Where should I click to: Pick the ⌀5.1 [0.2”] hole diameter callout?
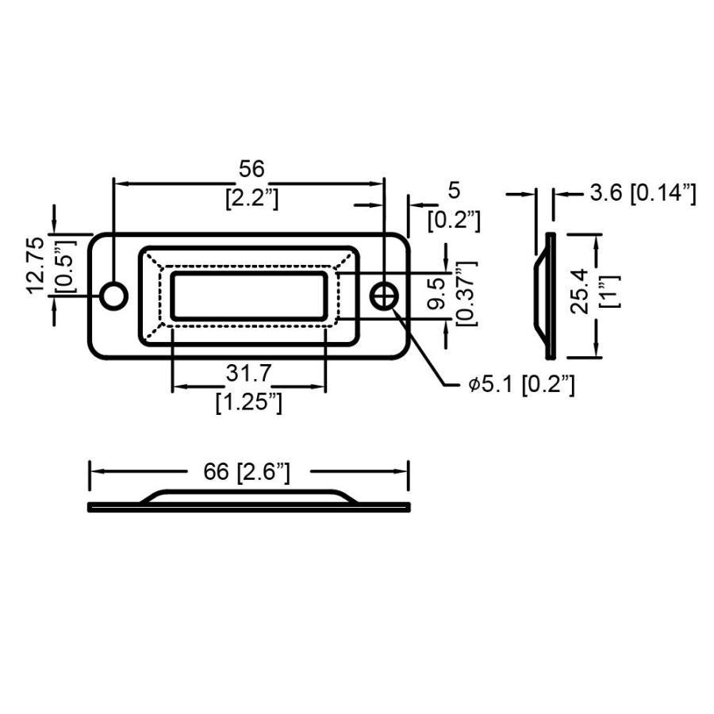click(520, 386)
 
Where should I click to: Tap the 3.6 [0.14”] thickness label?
click(643, 193)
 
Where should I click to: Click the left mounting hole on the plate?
click(114, 296)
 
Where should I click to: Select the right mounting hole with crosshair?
click(385, 296)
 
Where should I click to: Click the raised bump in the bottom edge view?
click(248, 495)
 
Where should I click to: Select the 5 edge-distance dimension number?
click(454, 190)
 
